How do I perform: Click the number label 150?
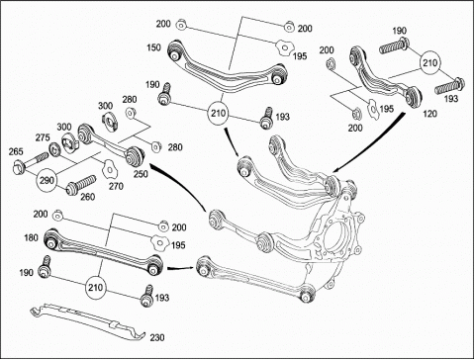(153, 47)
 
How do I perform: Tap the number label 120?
(429, 114)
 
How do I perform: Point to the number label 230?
(157, 338)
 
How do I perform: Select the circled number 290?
(47, 180)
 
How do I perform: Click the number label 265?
(16, 151)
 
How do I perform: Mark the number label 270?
(116, 186)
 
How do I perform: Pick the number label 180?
(31, 237)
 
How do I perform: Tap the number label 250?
(141, 174)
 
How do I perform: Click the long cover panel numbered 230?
(87, 322)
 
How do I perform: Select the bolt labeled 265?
(29, 162)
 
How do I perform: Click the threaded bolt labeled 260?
(81, 185)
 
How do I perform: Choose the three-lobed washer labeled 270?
(109, 168)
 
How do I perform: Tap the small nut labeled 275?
(53, 149)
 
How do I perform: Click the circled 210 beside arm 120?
(430, 62)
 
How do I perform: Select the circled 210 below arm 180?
(96, 288)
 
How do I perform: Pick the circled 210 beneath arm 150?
(218, 114)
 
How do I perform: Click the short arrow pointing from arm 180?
(181, 268)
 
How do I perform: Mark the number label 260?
(88, 197)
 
